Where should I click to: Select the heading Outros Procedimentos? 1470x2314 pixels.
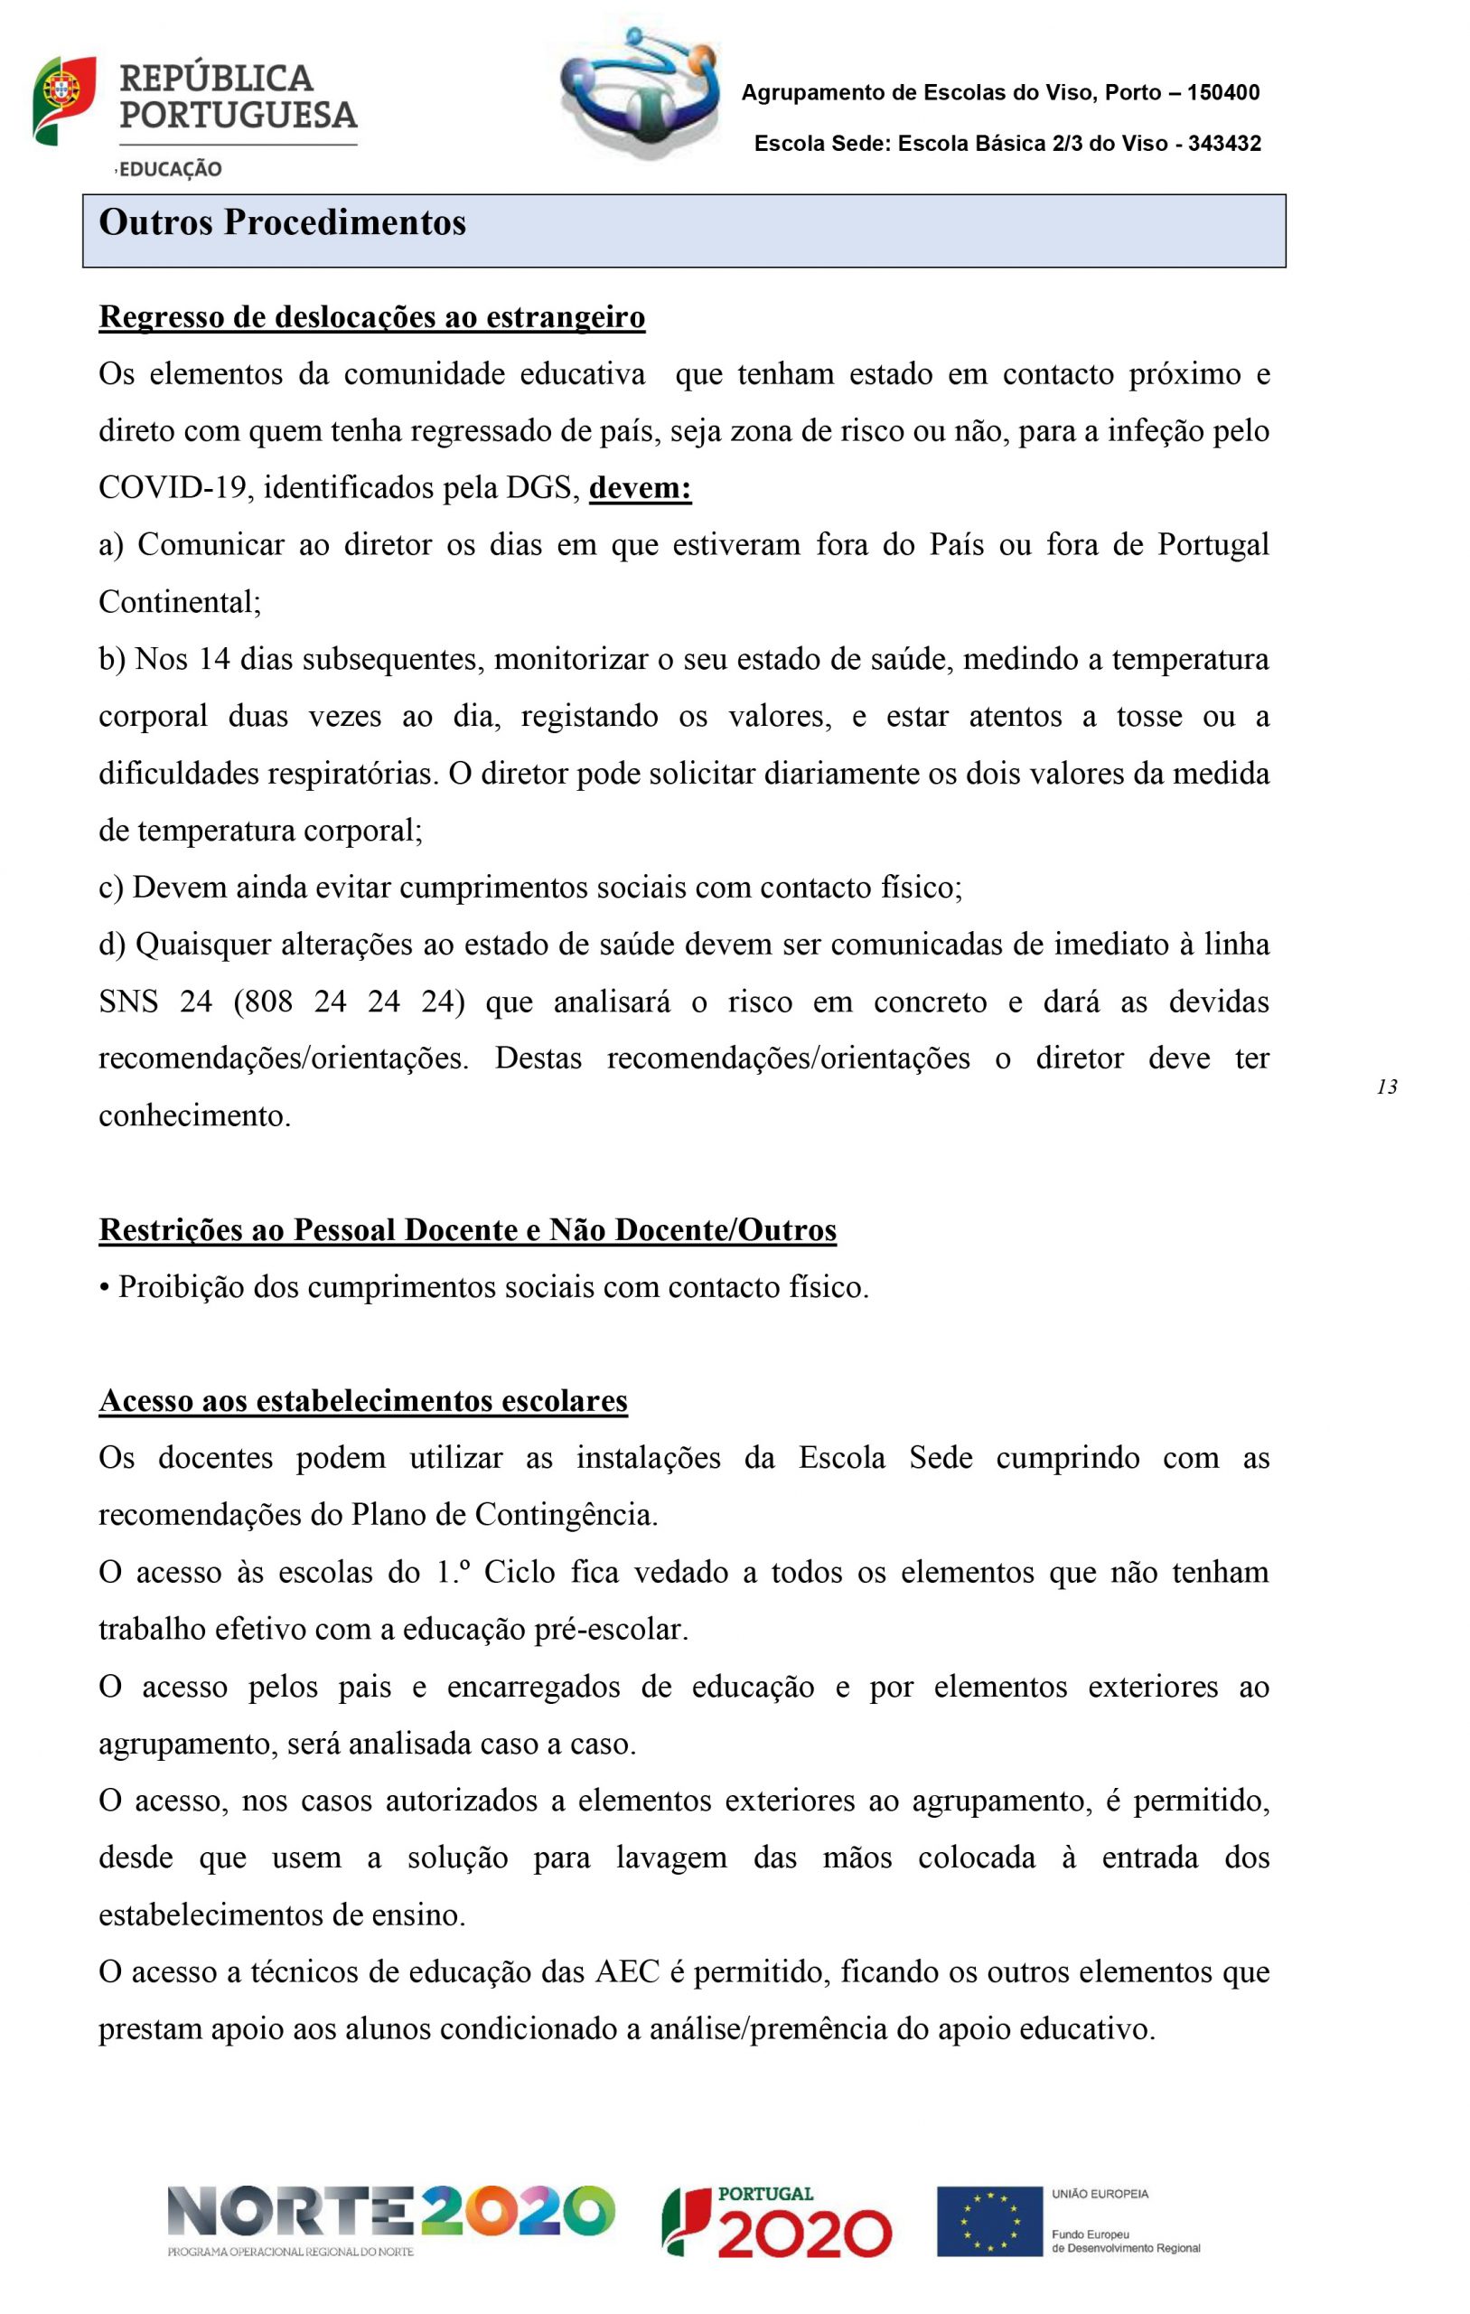tap(283, 223)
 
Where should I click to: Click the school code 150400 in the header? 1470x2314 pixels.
tap(1223, 93)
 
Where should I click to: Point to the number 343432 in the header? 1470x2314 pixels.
tap(1224, 144)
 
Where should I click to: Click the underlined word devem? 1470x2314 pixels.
tap(640, 488)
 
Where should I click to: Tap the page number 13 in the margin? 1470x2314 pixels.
tap(1386, 1086)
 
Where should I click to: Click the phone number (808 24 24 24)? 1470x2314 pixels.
tap(349, 1002)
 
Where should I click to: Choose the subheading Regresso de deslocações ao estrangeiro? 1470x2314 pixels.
tap(372, 317)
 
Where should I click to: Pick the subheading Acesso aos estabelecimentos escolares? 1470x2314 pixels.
tap(363, 1401)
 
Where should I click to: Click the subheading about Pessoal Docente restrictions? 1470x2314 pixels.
tap(468, 1230)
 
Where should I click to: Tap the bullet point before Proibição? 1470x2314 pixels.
tap(104, 1288)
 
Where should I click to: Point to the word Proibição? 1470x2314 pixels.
tap(182, 1288)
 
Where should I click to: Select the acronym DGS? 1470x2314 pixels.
tap(544, 488)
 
